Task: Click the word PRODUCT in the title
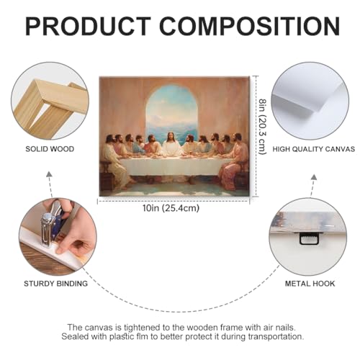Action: tap(88, 26)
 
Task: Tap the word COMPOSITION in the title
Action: tap(249, 26)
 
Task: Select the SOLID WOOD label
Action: tap(50, 149)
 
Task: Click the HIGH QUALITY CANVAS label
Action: tap(313, 149)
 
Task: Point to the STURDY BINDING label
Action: tap(55, 284)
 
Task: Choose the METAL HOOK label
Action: tap(310, 284)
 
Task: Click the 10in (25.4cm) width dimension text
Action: tap(171, 208)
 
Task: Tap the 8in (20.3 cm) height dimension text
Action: tap(263, 127)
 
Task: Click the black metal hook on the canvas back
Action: tap(309, 239)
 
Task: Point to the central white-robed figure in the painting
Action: tap(172, 145)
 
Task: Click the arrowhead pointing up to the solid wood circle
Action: tap(49, 174)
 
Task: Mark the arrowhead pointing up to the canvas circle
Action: tap(314, 177)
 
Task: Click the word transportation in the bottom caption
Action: tap(276, 336)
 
